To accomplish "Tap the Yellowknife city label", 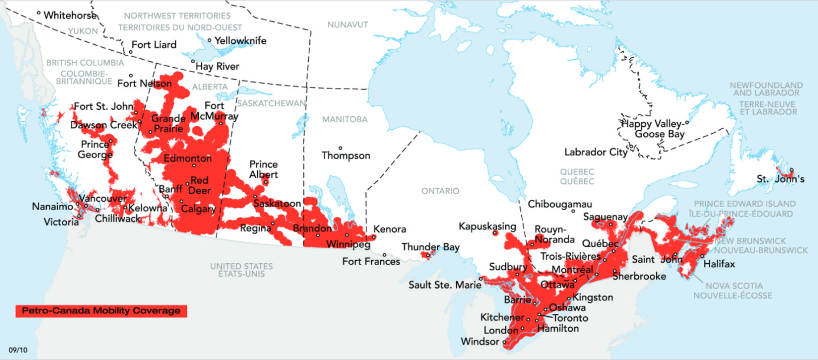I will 240,41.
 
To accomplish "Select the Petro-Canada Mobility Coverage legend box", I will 101,310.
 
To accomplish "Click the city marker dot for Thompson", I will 340,148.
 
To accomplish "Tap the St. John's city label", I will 780,179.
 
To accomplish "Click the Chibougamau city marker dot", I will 573,211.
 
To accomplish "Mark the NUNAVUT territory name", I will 348,24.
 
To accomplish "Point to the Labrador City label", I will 595,152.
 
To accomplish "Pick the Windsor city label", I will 479,342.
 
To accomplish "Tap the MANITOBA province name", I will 345,119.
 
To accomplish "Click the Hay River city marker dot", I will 193,61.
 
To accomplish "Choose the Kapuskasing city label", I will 487,227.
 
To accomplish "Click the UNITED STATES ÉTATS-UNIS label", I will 241,270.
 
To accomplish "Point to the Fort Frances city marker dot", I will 384,254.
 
